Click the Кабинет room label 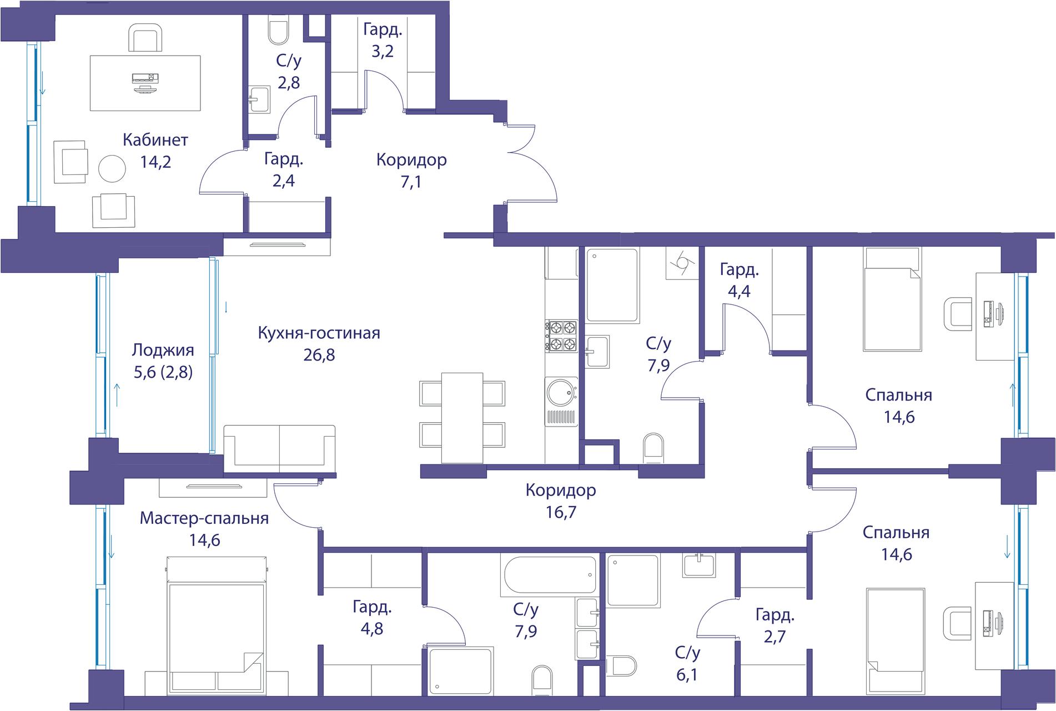(155, 140)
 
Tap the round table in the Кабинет (112, 169)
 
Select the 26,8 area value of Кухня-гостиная (319, 355)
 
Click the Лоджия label (163, 351)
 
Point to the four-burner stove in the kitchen (562, 337)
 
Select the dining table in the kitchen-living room (462, 418)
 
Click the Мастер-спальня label (204, 519)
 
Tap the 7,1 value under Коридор (411, 182)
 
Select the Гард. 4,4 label (739, 281)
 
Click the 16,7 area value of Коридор (561, 512)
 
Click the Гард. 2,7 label (775, 625)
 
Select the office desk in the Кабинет (145, 83)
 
